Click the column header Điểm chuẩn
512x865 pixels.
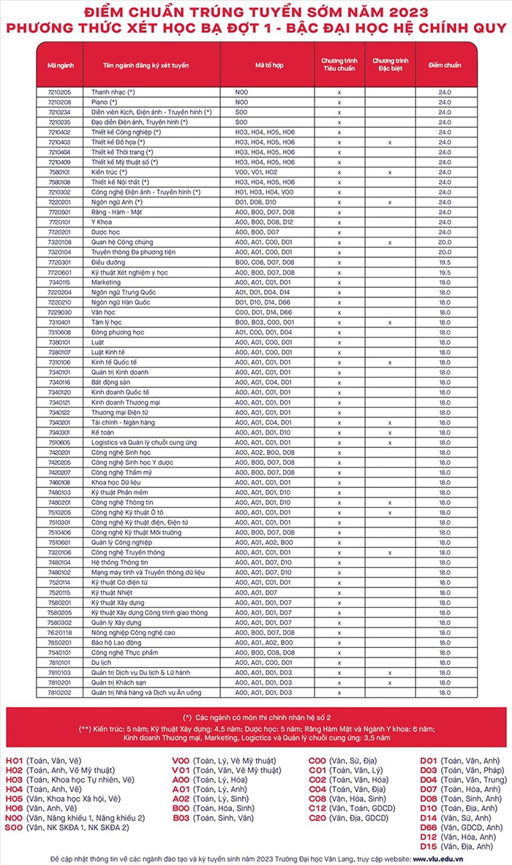(x=445, y=65)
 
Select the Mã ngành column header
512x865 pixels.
(x=60, y=65)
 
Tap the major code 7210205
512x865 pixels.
(x=59, y=93)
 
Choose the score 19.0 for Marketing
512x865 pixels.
(x=445, y=282)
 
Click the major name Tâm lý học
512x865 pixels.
(x=107, y=321)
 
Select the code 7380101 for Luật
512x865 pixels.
(x=59, y=341)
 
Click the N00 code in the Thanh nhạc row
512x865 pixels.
(x=242, y=93)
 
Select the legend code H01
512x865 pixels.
(x=15, y=761)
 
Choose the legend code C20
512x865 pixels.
(x=317, y=818)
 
